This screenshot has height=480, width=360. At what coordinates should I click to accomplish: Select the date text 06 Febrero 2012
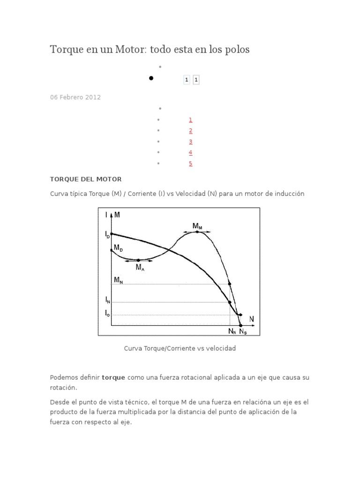point(75,97)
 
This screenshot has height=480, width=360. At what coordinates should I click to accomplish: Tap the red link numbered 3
point(191,142)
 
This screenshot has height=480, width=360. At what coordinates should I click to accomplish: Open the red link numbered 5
point(191,164)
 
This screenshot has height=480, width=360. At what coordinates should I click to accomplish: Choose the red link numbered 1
point(191,120)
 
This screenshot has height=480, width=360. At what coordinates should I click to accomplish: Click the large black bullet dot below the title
point(151,78)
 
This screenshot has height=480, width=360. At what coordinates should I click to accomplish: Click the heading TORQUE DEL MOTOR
point(86,179)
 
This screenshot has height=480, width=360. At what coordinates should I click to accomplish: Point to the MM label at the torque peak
point(197,226)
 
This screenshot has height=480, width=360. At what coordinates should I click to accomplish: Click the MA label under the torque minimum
point(140,268)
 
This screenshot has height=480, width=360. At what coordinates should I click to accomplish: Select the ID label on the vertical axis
point(107,233)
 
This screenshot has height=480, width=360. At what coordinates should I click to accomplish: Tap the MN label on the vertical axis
point(118,280)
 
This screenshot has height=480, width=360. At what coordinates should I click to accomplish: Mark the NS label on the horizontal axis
point(242,331)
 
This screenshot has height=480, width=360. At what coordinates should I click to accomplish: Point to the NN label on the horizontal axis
point(232,331)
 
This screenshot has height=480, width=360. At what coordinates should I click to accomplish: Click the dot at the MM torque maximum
point(198,232)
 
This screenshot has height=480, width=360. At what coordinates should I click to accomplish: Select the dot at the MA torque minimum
point(138,260)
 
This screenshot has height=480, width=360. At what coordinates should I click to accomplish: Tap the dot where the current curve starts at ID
point(112,233)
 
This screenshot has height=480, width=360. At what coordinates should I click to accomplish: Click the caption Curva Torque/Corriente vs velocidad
point(180,348)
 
